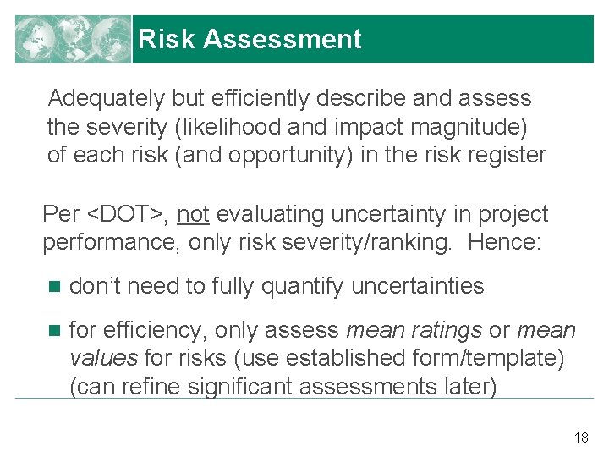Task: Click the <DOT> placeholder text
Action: [x=124, y=215]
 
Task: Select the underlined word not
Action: [x=194, y=215]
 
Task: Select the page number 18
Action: [x=581, y=438]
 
